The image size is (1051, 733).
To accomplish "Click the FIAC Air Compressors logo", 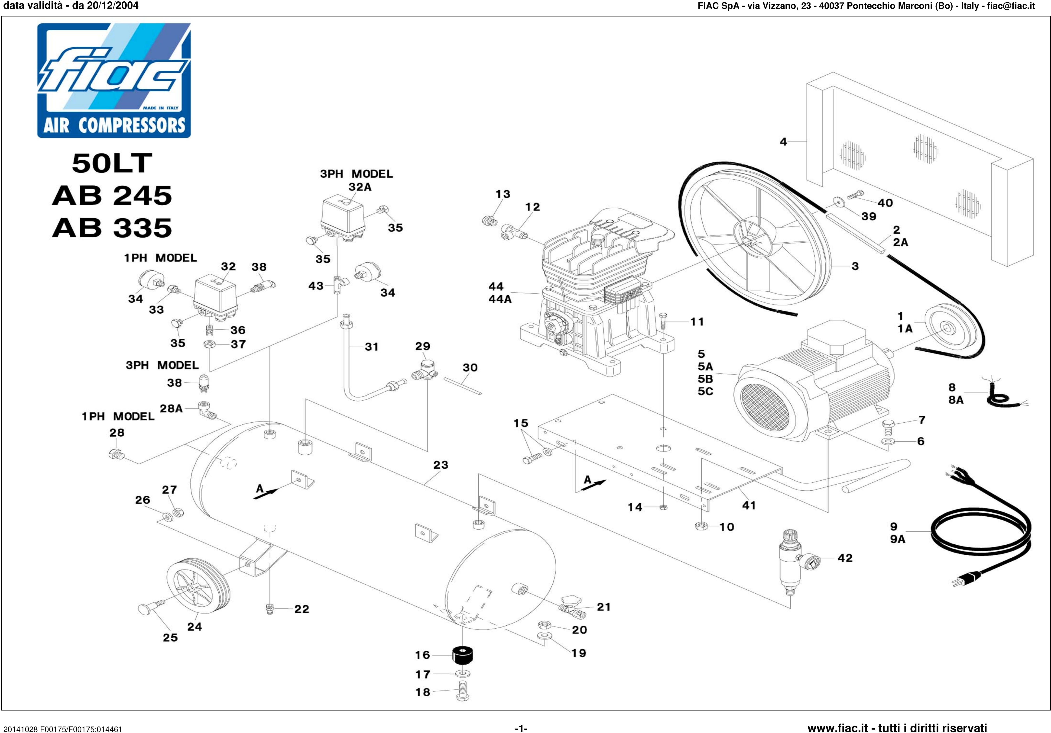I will click(x=114, y=80).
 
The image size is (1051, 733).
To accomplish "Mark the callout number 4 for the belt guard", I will click(x=783, y=142).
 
